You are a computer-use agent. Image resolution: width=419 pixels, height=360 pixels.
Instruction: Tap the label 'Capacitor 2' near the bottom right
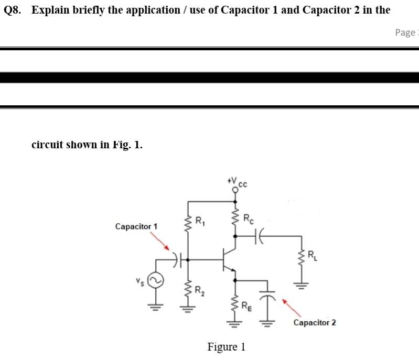tap(315, 322)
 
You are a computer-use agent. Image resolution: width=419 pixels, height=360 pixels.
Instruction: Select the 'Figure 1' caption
tap(227, 347)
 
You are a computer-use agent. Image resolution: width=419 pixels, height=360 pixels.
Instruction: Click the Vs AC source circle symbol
tap(156, 281)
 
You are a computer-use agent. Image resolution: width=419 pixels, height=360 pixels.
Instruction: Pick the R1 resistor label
tap(200, 220)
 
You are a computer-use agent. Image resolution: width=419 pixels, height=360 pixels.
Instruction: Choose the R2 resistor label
tap(200, 291)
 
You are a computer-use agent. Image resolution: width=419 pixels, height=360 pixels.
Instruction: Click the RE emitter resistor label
tap(248, 306)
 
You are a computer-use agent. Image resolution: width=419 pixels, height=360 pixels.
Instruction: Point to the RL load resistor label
tap(311, 256)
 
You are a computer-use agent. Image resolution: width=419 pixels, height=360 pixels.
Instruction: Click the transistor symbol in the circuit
tap(229, 259)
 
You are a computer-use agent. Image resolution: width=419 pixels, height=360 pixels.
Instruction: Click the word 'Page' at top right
tap(404, 32)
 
